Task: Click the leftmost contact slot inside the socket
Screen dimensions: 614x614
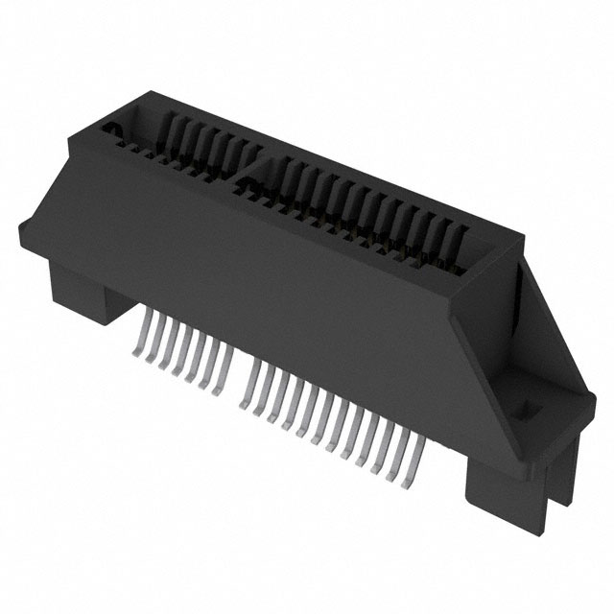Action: tap(173, 130)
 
